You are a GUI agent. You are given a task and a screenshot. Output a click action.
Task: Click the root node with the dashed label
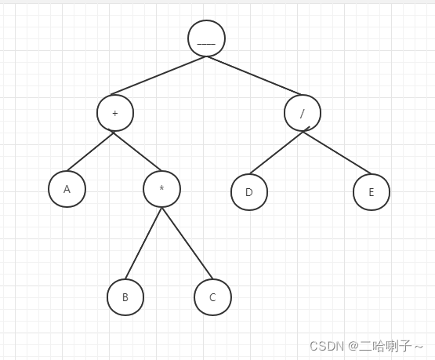[206, 38]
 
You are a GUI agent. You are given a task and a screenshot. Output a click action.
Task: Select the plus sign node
[115, 113]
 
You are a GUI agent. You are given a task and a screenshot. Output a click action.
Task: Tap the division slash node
[303, 113]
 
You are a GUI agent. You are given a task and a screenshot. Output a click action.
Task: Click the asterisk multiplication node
[161, 189]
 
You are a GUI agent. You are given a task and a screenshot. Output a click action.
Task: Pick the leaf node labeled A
[67, 189]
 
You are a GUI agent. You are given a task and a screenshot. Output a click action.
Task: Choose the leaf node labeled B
[125, 297]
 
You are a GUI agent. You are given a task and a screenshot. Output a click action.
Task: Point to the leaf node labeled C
[212, 297]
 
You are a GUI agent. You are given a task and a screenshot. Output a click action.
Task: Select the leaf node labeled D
[249, 192]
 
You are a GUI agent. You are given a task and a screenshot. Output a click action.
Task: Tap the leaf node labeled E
[372, 192]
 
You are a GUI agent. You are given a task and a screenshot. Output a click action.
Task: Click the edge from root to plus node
[158, 75]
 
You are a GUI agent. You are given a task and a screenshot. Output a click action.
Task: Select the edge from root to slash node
[254, 75]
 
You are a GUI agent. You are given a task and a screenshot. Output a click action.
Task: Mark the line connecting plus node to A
[90, 151]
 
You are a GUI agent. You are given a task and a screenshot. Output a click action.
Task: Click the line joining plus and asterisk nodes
[137, 151]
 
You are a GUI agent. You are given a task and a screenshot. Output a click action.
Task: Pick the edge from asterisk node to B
[143, 243]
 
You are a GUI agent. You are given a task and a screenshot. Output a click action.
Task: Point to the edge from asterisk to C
[187, 243]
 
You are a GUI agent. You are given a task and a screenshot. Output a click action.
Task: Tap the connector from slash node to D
[277, 152]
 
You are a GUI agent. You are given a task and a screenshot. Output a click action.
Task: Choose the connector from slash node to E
[337, 153]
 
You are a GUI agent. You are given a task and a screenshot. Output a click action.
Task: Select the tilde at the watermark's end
[419, 347]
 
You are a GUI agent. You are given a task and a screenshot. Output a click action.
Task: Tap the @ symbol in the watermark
[353, 346]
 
